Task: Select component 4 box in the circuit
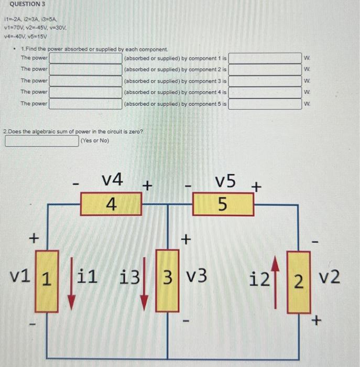111,204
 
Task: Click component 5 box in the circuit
223,204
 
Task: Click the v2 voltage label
329,277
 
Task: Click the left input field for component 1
85,57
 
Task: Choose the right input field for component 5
265,103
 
